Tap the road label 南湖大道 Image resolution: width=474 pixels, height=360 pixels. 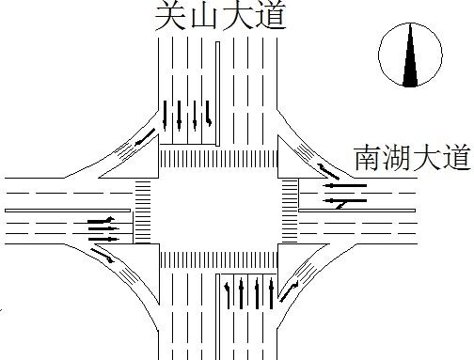[411, 158]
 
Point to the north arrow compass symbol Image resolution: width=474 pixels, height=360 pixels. [409, 56]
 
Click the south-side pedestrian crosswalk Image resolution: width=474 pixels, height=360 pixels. [218, 258]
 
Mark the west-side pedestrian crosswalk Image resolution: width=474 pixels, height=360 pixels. [143, 208]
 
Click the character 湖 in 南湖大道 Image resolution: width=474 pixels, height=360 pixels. [396, 158]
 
